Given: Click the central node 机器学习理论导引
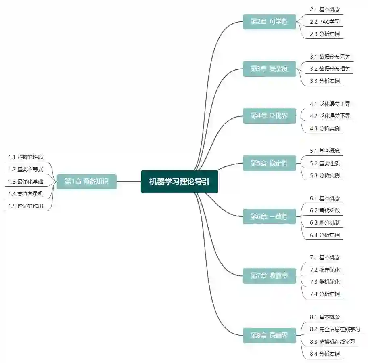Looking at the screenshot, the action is click(x=179, y=182).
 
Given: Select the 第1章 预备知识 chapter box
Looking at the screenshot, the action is click(x=86, y=182).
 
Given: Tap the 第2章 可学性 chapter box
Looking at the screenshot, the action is click(x=269, y=21).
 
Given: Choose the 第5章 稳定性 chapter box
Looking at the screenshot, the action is click(x=269, y=163).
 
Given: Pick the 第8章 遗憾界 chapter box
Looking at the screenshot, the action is click(x=269, y=335).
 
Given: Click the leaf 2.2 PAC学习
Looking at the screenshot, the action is click(x=324, y=21).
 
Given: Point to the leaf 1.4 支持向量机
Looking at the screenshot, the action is click(x=25, y=194).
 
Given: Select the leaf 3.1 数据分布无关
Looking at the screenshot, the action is click(x=330, y=57).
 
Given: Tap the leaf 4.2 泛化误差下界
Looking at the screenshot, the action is click(x=330, y=116).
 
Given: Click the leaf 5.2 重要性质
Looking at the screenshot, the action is click(x=324, y=163).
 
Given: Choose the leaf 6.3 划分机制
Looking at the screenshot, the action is click(x=324, y=222).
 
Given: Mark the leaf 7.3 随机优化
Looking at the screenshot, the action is click(x=324, y=282).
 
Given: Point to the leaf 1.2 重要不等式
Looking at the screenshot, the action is click(x=25, y=169).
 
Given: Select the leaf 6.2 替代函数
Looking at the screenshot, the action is click(x=324, y=210).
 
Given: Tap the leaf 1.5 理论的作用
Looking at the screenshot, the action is click(x=25, y=206).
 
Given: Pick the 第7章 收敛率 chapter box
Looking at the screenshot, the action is click(x=269, y=276).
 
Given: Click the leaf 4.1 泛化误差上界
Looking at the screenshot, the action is click(x=330, y=104).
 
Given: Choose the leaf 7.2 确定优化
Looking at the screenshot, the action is click(x=324, y=270).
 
